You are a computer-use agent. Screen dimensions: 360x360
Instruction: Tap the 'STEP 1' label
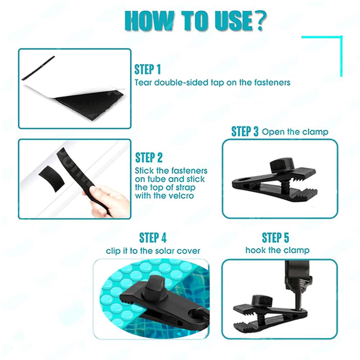[147, 69]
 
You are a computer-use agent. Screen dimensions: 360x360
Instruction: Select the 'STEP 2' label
[149, 158]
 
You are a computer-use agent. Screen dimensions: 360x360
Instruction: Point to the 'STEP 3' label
[245, 132]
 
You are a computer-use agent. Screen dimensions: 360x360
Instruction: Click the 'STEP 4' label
[153, 238]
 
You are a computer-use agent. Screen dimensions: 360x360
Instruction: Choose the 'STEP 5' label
[275, 238]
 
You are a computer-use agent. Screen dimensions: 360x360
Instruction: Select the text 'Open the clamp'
[295, 132]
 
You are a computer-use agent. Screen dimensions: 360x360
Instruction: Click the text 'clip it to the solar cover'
[153, 251]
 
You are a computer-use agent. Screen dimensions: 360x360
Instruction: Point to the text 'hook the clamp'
[277, 250]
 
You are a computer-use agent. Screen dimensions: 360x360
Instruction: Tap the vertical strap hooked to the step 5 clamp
[293, 275]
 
